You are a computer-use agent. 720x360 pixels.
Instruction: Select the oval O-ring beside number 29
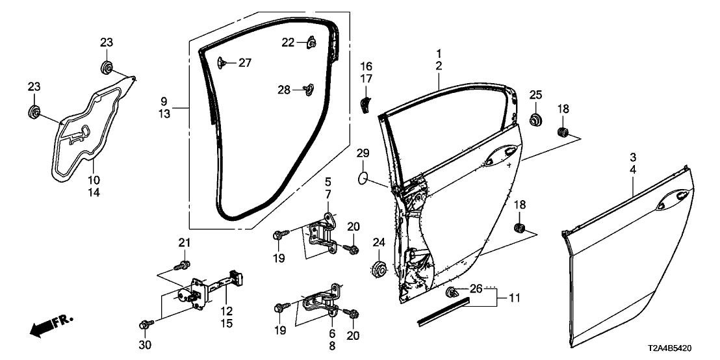pyautogui.click(x=365, y=177)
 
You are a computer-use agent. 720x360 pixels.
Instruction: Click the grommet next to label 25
pyautogui.click(x=536, y=120)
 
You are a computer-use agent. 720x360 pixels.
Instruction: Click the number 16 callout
pyautogui.click(x=366, y=66)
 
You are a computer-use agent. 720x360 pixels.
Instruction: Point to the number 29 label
pyautogui.click(x=363, y=153)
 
